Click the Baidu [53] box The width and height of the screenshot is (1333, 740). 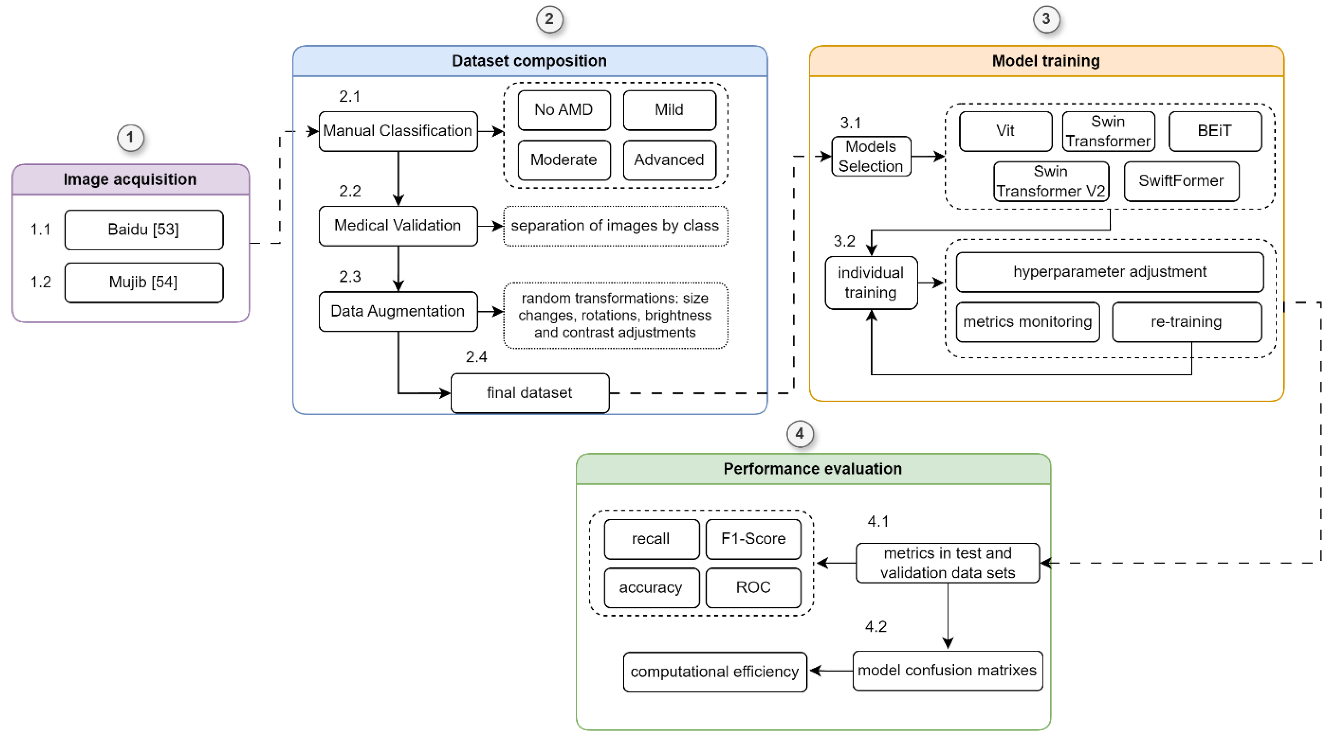[x=144, y=230]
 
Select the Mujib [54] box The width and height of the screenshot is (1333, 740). [x=144, y=282]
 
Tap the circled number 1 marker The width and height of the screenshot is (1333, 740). [x=130, y=138]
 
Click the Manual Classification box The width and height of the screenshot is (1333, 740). [x=397, y=131]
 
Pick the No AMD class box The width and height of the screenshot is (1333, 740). [x=563, y=110]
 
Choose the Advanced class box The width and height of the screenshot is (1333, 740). [x=669, y=160]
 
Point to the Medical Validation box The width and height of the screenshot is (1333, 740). [x=397, y=225]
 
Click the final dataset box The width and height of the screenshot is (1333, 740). [x=529, y=393]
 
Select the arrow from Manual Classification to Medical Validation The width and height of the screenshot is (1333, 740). [x=398, y=178]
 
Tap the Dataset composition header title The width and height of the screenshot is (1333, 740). [x=529, y=61]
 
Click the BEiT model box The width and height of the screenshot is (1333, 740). [x=1215, y=131]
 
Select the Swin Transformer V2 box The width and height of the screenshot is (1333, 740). [x=1051, y=181]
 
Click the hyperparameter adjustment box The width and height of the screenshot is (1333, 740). [x=1110, y=272]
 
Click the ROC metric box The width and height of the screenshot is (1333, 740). [x=753, y=588]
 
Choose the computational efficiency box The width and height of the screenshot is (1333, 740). [x=714, y=672]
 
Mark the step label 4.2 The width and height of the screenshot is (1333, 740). [x=875, y=627]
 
